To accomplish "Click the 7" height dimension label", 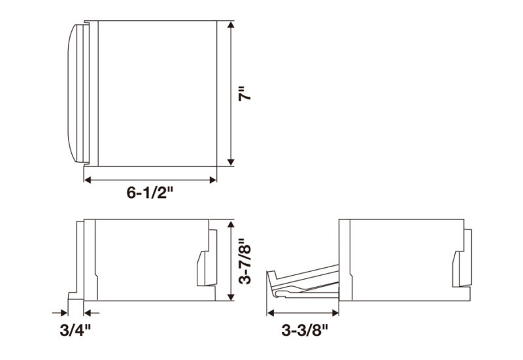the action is click(244, 93).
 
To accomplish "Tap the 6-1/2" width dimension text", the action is click(150, 192).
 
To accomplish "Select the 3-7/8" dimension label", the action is click(245, 261).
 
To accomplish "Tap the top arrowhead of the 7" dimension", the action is click(231, 25).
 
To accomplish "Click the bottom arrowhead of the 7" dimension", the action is click(231, 162).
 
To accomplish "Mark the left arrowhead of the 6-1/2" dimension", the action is click(88, 180).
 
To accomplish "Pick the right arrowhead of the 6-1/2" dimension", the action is click(212, 180).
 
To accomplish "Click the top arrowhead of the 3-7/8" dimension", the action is click(231, 223).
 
